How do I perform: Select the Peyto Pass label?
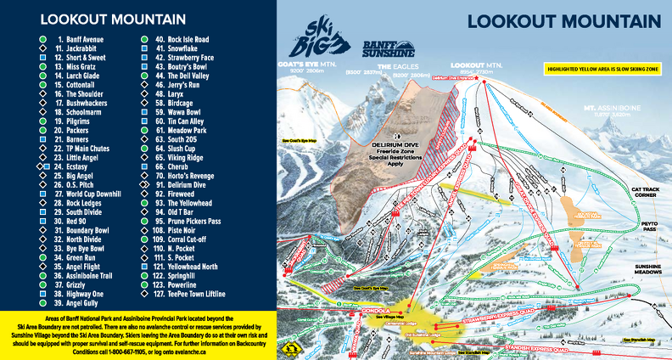(649, 228)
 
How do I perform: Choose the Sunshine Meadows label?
(647, 269)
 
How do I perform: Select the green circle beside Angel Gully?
(42, 301)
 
